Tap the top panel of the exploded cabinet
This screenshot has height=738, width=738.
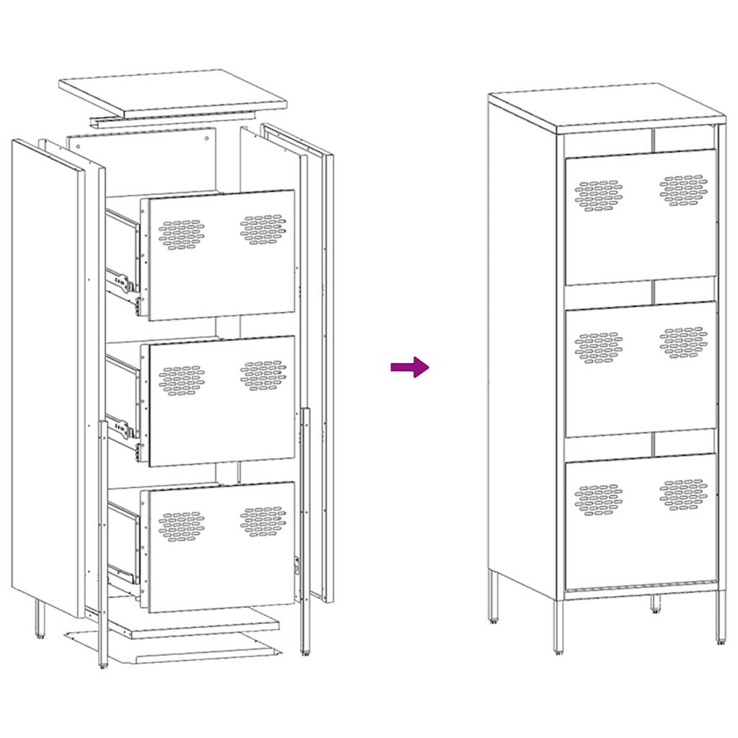173,91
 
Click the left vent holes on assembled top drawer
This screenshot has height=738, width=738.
599,195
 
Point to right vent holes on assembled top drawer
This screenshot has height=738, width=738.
683,190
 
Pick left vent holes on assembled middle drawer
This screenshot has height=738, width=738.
599,347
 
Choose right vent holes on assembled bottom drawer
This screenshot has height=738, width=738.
683,494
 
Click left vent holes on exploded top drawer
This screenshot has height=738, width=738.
181,234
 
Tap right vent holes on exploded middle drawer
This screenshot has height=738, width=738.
264,375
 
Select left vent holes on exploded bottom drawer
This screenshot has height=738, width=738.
181,526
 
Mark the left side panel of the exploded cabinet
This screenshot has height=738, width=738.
47,375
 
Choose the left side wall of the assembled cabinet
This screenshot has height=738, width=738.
523,346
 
